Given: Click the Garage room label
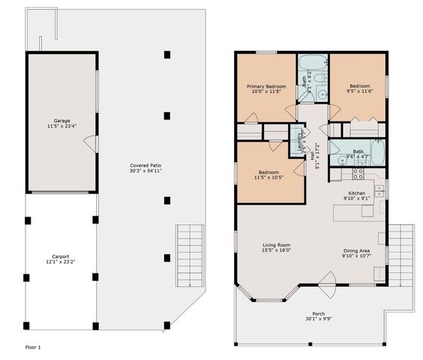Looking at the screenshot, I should click(x=61, y=121).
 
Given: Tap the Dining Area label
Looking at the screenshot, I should click(x=356, y=252).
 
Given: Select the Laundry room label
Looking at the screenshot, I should click(x=299, y=142).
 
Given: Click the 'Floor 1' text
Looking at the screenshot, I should click(x=33, y=347).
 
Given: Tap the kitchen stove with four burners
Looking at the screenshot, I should click(x=358, y=172).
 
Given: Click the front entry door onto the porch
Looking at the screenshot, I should click(x=327, y=283).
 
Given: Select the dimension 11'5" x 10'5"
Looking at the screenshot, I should click(x=269, y=177).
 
